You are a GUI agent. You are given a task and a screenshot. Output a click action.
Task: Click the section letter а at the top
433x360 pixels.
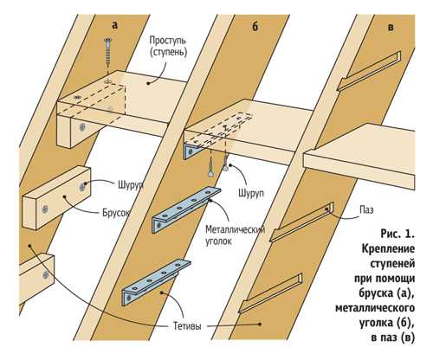115,26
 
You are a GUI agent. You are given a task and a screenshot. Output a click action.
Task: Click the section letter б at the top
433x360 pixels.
255,27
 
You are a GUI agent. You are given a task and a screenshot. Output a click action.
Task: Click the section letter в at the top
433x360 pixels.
391,28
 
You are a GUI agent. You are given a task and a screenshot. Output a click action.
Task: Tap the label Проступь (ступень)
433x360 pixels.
168,47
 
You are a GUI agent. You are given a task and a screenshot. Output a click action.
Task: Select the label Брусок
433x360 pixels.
116,214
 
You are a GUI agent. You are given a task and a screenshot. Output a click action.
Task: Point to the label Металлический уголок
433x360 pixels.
235,235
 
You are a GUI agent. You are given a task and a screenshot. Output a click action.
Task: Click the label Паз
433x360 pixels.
366,209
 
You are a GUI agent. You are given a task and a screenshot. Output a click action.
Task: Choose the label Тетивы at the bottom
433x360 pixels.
187,326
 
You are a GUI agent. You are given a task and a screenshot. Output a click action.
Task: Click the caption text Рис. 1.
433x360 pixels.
397,234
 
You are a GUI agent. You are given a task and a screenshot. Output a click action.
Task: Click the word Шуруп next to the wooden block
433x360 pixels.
131,185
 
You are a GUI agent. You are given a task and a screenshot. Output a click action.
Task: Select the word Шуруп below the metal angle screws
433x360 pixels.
251,193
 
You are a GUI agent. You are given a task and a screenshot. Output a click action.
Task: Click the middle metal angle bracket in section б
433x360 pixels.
186,209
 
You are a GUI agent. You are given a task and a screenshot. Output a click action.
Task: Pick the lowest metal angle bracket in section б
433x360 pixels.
157,282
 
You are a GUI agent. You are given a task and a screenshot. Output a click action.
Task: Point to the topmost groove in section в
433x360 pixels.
369,71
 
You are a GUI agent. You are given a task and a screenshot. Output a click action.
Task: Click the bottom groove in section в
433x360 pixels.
270,292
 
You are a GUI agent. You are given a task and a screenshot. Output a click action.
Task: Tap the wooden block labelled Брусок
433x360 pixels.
56,197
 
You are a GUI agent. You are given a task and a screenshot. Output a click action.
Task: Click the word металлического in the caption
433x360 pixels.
375,308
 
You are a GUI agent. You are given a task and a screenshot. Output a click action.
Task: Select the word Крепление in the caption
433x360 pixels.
388,248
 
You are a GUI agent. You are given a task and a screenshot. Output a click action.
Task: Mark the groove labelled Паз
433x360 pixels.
302,222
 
